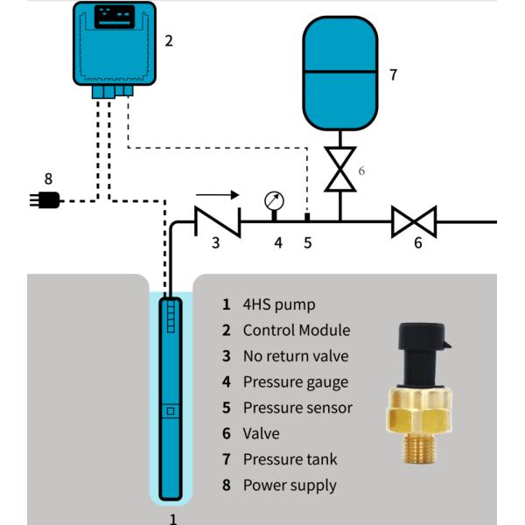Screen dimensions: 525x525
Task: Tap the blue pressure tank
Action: [339, 73]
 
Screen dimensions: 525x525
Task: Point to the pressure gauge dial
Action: [274, 200]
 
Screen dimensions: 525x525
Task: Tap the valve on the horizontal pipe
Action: [412, 222]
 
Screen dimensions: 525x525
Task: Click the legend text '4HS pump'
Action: [278, 305]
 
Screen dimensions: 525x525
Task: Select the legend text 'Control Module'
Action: [296, 331]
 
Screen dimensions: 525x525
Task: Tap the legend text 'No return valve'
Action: [295, 356]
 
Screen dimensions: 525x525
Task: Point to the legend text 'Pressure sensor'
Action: [297, 408]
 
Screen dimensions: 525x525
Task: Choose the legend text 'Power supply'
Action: [290, 485]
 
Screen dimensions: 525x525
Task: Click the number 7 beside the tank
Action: [393, 75]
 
